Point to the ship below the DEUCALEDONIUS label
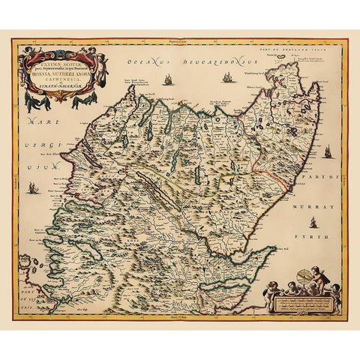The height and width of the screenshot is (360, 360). tap(224, 77)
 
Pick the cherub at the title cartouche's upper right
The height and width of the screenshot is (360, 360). tap(97, 55)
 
